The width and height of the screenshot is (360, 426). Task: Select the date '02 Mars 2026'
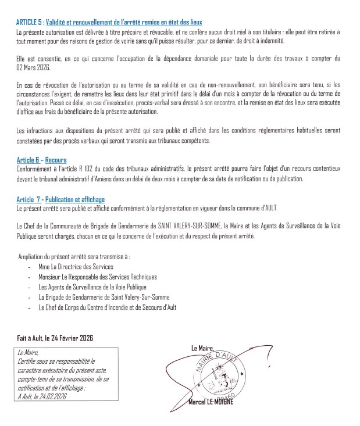pos(32,66)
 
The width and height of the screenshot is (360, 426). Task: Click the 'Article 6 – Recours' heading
pos(41,160)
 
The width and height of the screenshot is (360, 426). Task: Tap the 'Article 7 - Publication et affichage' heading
pos(60,199)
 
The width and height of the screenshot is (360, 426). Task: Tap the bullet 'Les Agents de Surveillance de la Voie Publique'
pos(92,287)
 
